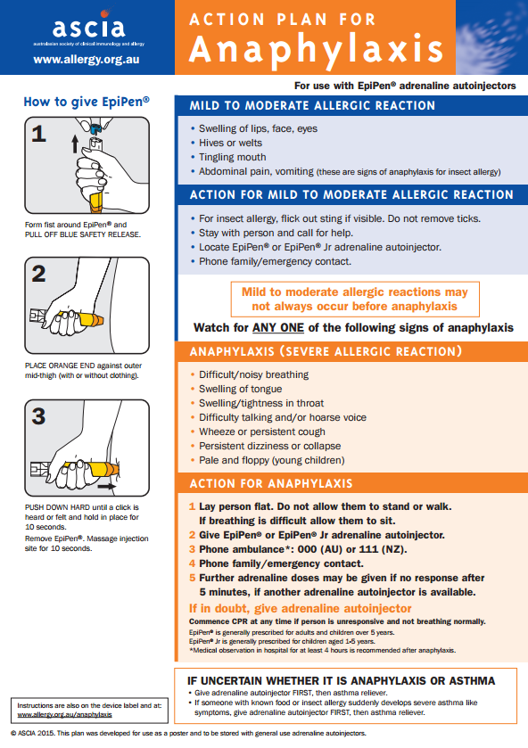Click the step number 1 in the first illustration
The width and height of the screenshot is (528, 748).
tap(37, 135)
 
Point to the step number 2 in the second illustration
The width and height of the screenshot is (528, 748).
tap(37, 274)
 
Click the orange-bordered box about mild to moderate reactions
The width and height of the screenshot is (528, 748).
tap(354, 299)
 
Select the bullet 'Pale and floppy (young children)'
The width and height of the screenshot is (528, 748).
tap(271, 460)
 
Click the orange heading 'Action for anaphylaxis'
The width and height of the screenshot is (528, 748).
tap(270, 484)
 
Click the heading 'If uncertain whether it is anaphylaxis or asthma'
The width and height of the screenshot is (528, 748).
tap(341, 680)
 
